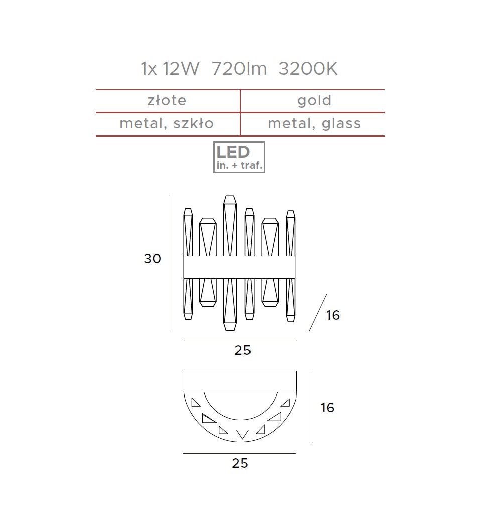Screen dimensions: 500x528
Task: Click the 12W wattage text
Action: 181,69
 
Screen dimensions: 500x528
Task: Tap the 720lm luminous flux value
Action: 239,69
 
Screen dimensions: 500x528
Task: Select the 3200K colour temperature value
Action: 308,69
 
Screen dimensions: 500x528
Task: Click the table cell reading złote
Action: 167,101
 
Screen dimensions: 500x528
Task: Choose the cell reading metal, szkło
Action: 167,123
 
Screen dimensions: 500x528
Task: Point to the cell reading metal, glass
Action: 314,124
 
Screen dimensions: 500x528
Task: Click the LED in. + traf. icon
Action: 239,157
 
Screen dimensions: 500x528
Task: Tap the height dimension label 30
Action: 153,259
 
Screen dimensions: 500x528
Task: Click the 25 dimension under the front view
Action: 243,350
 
